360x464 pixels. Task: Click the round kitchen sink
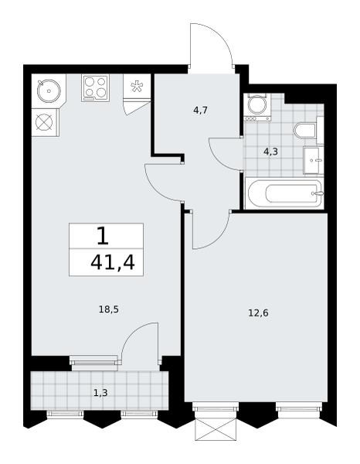click(x=49, y=91)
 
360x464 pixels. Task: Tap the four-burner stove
click(x=95, y=88)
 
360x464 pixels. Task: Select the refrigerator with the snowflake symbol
click(x=137, y=86)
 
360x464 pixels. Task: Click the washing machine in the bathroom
click(x=257, y=107)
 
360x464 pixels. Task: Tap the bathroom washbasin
click(x=314, y=161)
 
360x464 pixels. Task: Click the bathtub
click(x=284, y=193)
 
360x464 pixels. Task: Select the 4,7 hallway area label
click(x=200, y=111)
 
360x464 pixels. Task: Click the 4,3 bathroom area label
click(x=270, y=152)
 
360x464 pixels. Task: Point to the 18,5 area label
click(x=108, y=310)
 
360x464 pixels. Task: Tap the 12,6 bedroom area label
click(x=258, y=312)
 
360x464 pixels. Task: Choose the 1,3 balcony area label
click(x=100, y=393)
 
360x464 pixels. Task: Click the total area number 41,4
click(x=113, y=263)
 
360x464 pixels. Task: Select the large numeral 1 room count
click(x=104, y=236)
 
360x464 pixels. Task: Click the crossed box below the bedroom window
click(x=216, y=429)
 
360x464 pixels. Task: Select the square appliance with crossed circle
click(x=45, y=122)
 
